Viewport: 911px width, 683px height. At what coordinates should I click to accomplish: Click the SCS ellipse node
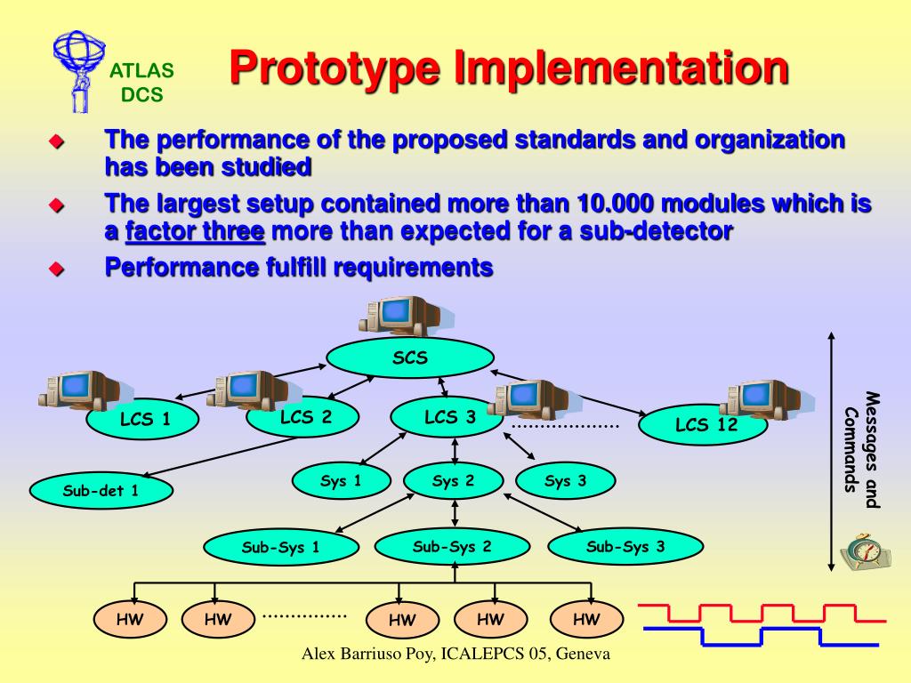(409, 358)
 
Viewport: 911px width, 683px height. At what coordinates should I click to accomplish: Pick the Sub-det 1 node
(101, 490)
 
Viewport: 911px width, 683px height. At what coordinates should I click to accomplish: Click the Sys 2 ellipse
(454, 481)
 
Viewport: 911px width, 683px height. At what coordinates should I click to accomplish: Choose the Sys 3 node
(566, 481)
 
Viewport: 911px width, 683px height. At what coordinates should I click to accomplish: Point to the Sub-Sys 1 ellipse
(280, 547)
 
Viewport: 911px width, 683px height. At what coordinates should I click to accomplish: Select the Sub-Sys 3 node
(625, 546)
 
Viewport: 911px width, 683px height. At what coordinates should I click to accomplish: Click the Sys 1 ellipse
(341, 481)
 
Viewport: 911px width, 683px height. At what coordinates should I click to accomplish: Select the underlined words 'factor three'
(196, 232)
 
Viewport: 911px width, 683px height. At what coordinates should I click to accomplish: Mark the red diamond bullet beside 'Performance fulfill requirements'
(57, 268)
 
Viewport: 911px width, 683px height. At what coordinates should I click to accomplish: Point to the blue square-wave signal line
(761, 636)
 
